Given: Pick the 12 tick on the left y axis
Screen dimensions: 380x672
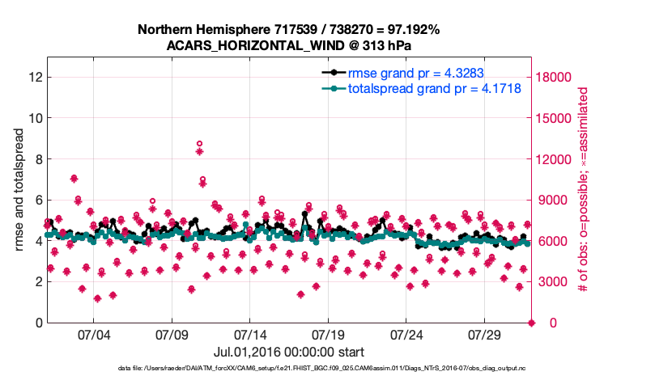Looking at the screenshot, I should point(34,77).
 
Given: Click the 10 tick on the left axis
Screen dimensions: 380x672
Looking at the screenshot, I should point(34,118).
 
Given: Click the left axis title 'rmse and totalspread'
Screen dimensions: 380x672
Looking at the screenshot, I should point(18,190).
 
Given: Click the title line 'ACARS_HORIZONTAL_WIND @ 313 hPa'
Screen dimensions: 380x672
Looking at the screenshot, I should point(289,45).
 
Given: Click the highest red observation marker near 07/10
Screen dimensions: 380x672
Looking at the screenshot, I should point(199,144).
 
